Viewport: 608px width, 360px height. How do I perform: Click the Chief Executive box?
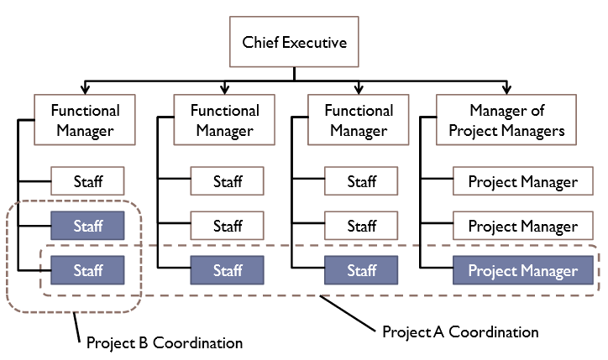point(294,42)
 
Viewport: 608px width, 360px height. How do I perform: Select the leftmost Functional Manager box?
point(86,121)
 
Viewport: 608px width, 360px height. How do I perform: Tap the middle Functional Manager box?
point(225,121)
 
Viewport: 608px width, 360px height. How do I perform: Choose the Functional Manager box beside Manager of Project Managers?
point(359,121)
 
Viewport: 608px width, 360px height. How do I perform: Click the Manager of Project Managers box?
point(506,121)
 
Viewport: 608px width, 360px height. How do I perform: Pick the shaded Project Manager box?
point(523,270)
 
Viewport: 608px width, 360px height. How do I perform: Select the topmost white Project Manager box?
point(523,181)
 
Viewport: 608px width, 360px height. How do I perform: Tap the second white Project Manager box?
point(523,226)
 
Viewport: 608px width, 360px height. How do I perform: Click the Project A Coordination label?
point(460,331)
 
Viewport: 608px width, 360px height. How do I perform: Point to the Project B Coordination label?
point(165,342)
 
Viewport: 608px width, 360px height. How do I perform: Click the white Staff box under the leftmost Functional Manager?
point(88,181)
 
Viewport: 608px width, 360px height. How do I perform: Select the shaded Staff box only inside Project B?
point(88,226)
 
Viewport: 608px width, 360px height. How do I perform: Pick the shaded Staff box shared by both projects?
point(88,270)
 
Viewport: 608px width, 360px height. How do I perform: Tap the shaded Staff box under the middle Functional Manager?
point(228,270)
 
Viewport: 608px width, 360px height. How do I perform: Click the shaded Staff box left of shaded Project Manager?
point(362,270)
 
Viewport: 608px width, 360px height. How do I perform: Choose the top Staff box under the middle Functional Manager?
point(228,181)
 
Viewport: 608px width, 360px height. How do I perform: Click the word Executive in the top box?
point(313,42)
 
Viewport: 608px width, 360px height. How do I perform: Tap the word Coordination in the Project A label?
point(494,331)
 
